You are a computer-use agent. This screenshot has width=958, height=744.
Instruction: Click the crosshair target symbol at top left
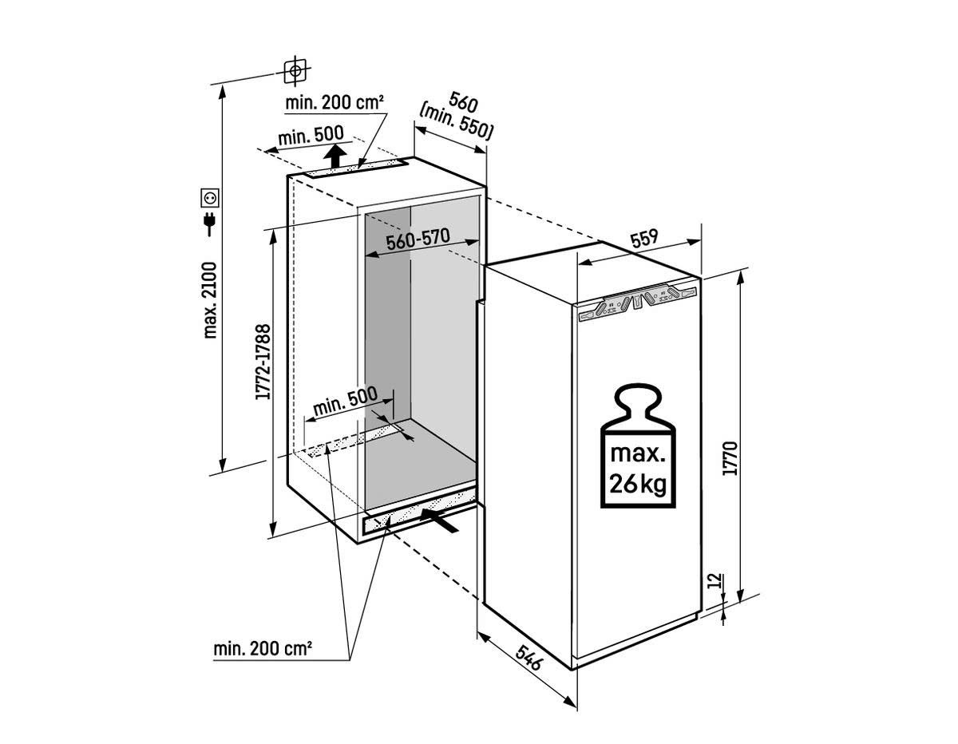[x=295, y=70]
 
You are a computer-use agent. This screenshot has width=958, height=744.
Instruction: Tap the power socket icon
[x=211, y=196]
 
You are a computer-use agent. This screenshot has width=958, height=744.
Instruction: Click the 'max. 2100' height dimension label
[x=211, y=299]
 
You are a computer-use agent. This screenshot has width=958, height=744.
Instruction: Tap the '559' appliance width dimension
[x=643, y=237]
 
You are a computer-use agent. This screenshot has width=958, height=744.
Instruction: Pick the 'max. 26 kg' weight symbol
[x=636, y=448]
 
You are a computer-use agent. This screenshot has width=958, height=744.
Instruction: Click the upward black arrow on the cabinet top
[x=338, y=155]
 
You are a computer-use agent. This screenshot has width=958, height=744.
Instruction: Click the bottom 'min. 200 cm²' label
[x=263, y=648]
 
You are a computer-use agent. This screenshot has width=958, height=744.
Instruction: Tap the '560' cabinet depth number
[x=463, y=103]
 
